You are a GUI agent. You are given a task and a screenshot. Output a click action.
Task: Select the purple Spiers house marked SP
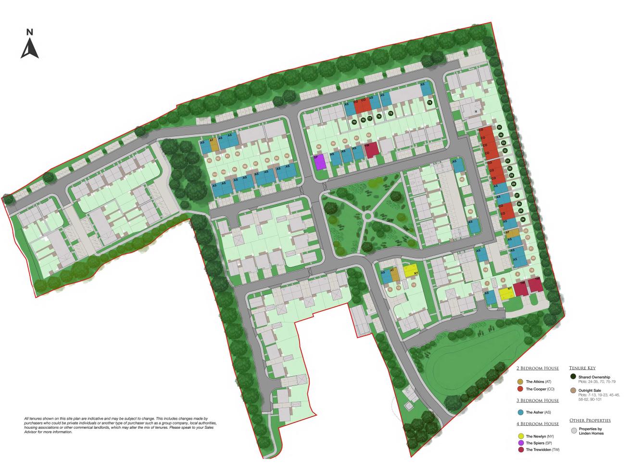(x=320, y=162)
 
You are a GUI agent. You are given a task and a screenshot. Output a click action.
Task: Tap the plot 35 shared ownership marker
(x=499, y=127)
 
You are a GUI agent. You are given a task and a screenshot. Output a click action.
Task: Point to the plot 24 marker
(x=523, y=219)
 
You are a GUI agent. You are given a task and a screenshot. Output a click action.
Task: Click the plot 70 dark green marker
(x=430, y=102)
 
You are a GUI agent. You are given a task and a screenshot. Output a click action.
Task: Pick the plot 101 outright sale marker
(x=215, y=174)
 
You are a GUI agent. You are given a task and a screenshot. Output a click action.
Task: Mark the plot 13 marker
(x=414, y=285)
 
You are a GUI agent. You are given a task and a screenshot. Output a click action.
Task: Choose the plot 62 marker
(x=368, y=135)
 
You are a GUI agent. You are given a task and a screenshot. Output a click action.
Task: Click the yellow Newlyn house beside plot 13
(x=410, y=270)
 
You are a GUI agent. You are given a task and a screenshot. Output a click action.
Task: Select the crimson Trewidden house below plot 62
(x=371, y=150)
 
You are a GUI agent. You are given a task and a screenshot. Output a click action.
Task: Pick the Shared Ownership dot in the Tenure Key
(x=573, y=376)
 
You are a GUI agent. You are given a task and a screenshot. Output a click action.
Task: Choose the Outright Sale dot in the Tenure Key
(x=573, y=390)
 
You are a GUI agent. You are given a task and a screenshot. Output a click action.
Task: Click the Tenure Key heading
(x=582, y=368)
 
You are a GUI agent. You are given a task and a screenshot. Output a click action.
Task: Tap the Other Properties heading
(x=590, y=420)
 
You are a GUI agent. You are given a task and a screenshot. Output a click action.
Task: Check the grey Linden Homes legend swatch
(x=573, y=431)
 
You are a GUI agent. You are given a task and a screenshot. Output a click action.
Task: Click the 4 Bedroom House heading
(x=537, y=424)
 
